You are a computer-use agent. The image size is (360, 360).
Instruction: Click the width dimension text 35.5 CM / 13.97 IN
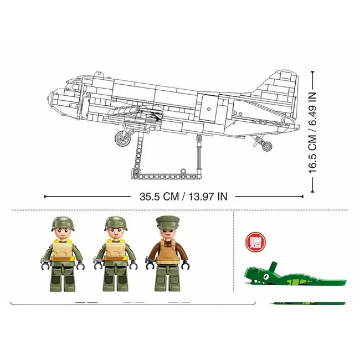[183, 196]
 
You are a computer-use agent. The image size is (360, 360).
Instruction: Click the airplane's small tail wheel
[268, 147]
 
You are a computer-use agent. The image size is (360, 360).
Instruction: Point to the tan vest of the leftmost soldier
[63, 252]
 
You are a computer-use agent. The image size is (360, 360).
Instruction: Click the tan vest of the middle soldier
[115, 252]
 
